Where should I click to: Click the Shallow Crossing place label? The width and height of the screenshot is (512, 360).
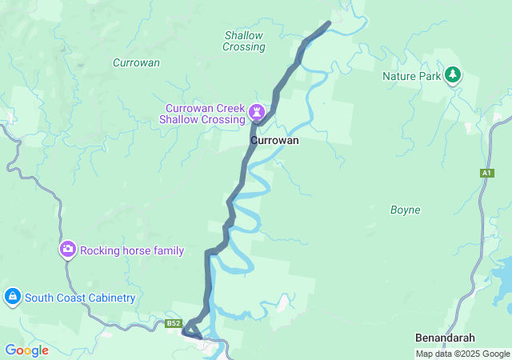click(244, 41)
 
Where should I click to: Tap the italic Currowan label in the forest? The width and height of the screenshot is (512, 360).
click(136, 62)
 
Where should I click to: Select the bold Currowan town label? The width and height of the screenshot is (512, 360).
click(274, 140)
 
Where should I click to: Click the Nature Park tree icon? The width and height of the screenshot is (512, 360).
click(454, 75)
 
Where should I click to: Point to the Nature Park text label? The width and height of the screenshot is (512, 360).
click(411, 76)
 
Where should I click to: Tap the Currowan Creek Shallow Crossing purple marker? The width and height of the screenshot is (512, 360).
click(258, 110)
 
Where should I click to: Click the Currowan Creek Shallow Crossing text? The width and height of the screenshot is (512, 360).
click(205, 114)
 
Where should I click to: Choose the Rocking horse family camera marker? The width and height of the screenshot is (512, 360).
click(68, 250)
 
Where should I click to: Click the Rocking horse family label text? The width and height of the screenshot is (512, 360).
click(132, 250)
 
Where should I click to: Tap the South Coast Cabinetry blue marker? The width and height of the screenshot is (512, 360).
click(12, 298)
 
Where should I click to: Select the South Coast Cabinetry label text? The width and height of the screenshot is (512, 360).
click(80, 298)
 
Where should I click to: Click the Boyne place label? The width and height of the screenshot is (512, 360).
click(404, 210)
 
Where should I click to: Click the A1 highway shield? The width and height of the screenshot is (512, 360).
click(487, 173)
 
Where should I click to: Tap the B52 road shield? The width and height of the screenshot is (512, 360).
click(174, 323)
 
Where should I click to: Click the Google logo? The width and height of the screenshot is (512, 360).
click(26, 350)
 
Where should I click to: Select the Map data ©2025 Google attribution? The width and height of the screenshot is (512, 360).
click(462, 354)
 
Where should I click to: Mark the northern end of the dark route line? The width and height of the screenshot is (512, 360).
click(329, 23)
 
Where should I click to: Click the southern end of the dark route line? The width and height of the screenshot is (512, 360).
click(198, 337)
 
